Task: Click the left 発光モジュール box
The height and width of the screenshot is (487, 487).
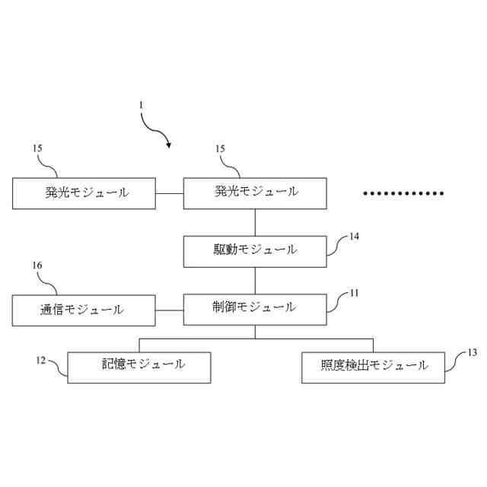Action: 84,193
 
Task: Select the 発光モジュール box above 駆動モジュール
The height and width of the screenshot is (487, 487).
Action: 255,193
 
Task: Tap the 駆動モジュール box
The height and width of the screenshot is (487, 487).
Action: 255,250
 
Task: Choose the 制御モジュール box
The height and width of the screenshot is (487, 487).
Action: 255,308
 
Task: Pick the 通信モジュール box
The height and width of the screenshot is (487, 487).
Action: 84,310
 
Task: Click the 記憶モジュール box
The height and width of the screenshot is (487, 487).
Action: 139,366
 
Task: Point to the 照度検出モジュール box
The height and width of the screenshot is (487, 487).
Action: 373,366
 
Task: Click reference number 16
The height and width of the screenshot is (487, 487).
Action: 37,266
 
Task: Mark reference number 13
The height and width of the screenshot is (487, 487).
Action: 472,352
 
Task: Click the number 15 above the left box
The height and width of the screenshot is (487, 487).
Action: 37,150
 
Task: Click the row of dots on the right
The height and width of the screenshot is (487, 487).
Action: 403,193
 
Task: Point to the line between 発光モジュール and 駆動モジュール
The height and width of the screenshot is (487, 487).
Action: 255,221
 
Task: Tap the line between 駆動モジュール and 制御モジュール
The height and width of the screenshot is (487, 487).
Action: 255,279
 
